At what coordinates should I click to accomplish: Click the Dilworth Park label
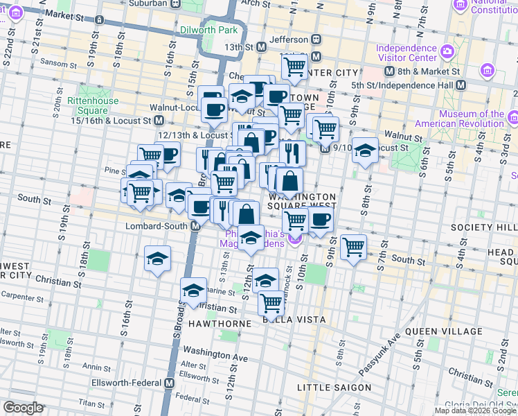(208, 30)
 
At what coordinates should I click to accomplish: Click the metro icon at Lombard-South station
(195, 226)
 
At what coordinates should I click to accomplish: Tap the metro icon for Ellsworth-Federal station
(170, 383)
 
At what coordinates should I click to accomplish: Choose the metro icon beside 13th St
(262, 47)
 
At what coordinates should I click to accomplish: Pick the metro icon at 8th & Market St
(390, 71)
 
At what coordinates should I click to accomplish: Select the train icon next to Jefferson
(316, 40)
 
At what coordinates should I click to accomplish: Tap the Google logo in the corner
(24, 408)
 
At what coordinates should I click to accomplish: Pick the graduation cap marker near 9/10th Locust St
(364, 149)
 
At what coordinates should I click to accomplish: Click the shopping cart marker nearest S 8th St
(353, 245)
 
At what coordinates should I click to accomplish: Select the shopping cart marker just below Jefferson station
(295, 67)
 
